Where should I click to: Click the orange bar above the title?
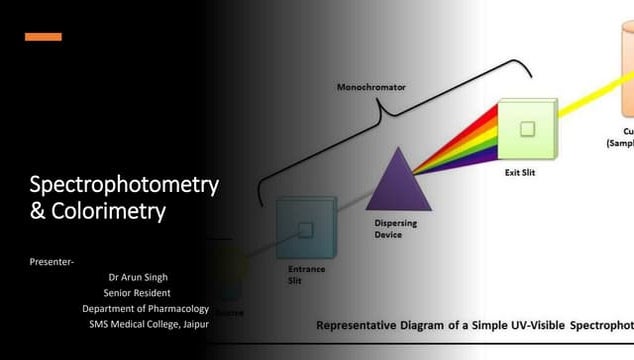coord(43,37)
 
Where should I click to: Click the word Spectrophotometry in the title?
coord(124,185)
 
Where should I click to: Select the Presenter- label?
coord(51,262)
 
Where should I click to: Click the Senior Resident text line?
coord(137,293)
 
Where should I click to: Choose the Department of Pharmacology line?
coord(145,309)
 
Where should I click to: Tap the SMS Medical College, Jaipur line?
coord(148,325)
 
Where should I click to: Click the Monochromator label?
coord(371,87)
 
